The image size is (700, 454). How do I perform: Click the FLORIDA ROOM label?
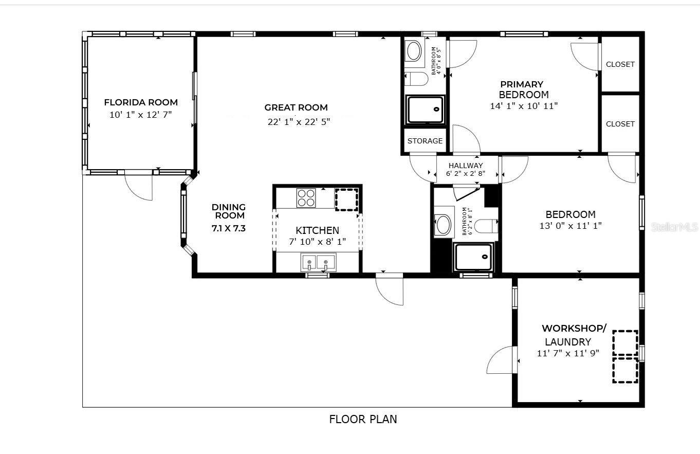click(141, 102)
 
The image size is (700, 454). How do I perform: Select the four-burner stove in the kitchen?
click(306, 198)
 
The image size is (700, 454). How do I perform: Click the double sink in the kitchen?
click(318, 263)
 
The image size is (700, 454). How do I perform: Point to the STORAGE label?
click(425, 141)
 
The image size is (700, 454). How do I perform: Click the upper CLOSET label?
click(620, 64)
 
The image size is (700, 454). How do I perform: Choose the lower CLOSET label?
click(620, 124)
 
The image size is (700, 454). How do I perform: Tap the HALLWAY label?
click(466, 166)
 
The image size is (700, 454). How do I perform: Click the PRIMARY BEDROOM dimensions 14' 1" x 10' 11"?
click(524, 106)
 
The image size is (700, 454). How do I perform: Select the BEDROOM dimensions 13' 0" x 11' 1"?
click(570, 225)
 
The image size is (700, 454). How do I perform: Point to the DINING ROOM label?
click(229, 211)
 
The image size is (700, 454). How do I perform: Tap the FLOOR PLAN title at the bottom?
click(363, 419)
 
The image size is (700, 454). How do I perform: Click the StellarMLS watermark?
click(674, 227)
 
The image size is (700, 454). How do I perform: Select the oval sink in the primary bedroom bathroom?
click(414, 51)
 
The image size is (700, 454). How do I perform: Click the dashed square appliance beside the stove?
click(346, 199)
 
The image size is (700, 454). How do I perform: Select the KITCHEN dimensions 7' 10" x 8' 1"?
click(317, 241)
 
